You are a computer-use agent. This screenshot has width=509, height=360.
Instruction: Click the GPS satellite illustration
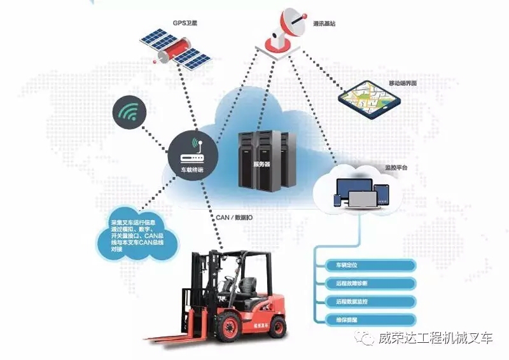176,48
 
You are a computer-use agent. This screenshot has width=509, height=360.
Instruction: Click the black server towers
267,159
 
